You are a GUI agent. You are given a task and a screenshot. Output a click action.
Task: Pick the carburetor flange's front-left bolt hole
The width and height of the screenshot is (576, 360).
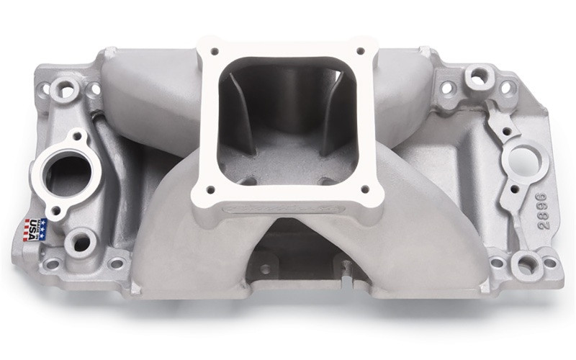coord(212,189)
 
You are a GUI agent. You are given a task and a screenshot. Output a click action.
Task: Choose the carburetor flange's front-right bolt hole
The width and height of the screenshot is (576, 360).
coord(364,189)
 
